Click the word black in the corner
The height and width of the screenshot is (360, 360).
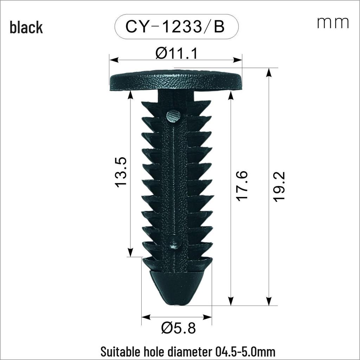click(26, 27)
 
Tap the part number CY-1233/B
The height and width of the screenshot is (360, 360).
click(175, 27)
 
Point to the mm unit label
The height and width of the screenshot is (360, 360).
click(333, 23)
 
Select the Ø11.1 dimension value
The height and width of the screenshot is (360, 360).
click(176, 53)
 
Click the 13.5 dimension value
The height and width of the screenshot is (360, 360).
click(121, 172)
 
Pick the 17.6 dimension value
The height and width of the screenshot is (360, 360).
click(242, 186)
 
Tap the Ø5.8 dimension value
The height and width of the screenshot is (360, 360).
click(178, 328)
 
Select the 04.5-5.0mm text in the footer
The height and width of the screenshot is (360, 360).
click(245, 352)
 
